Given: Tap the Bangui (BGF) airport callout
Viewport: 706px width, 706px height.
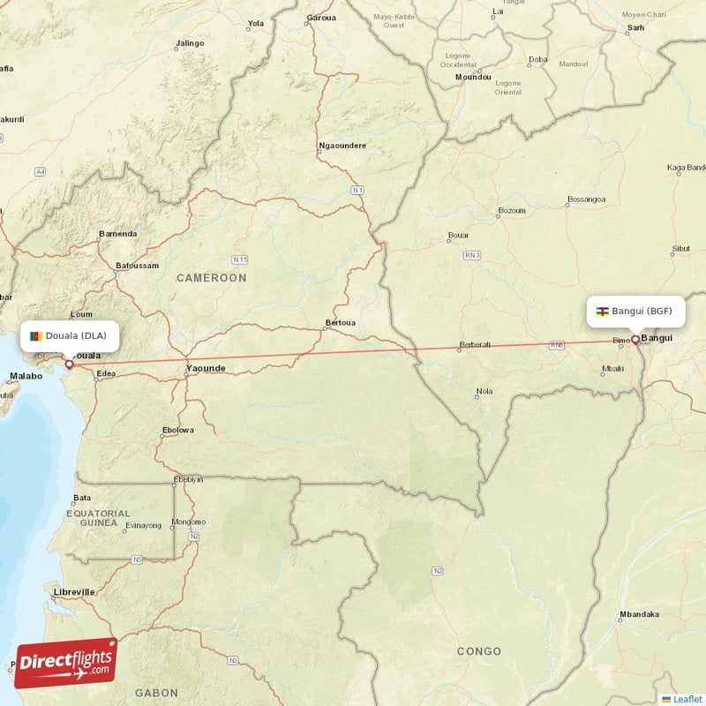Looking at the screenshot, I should pyautogui.click(x=635, y=311).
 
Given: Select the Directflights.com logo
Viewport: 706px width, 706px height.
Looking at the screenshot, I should pyautogui.click(x=66, y=663).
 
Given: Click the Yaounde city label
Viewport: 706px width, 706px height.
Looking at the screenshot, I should pyautogui.click(x=206, y=368).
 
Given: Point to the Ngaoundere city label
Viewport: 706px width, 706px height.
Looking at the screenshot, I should pyautogui.click(x=342, y=145).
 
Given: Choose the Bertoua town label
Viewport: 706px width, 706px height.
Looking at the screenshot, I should pyautogui.click(x=341, y=323).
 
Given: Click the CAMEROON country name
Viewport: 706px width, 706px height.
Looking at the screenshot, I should pyautogui.click(x=212, y=278).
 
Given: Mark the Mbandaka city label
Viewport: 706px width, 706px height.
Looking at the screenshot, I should pyautogui.click(x=639, y=614).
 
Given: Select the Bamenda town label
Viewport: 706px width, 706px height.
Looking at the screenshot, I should pyautogui.click(x=117, y=234).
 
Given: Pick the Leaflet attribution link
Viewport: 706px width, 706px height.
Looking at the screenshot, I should pyautogui.click(x=687, y=699).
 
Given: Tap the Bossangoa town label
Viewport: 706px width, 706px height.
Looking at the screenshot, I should pyautogui.click(x=586, y=199).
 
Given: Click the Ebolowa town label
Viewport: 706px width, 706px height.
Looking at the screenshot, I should pyautogui.click(x=176, y=431).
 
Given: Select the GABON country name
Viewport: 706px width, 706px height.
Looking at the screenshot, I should pyautogui.click(x=156, y=693).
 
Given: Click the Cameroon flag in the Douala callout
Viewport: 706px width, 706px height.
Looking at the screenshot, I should pyautogui.click(x=35, y=335).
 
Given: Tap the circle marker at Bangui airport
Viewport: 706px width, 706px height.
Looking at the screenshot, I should pyautogui.click(x=635, y=339).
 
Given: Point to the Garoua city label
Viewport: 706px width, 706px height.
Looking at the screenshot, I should pyautogui.click(x=321, y=18).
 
